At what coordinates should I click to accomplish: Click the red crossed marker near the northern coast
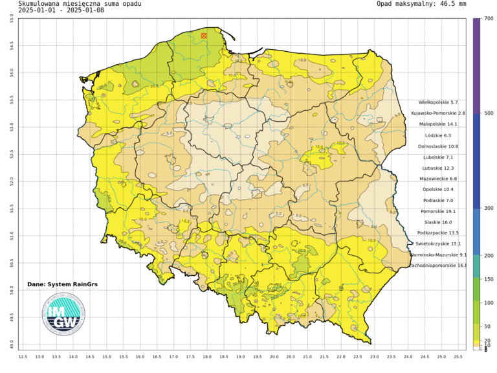click(204, 36)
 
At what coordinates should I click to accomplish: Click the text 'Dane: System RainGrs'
click(63, 284)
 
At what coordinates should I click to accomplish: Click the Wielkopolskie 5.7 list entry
click(438, 102)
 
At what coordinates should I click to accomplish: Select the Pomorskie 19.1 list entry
click(438, 211)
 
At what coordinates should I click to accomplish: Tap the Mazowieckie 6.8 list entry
click(439, 179)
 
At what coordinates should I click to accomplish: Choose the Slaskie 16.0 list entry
click(437, 222)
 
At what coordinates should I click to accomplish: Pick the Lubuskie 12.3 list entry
click(438, 168)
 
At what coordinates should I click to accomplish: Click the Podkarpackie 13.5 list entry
click(438, 233)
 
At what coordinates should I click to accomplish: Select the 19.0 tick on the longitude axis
click(240, 356)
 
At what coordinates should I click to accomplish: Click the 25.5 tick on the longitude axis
click(458, 356)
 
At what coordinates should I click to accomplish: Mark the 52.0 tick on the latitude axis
click(11, 181)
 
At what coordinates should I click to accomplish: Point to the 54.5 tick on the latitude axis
click(11, 45)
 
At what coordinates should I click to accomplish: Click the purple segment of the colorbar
click(476, 65)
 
